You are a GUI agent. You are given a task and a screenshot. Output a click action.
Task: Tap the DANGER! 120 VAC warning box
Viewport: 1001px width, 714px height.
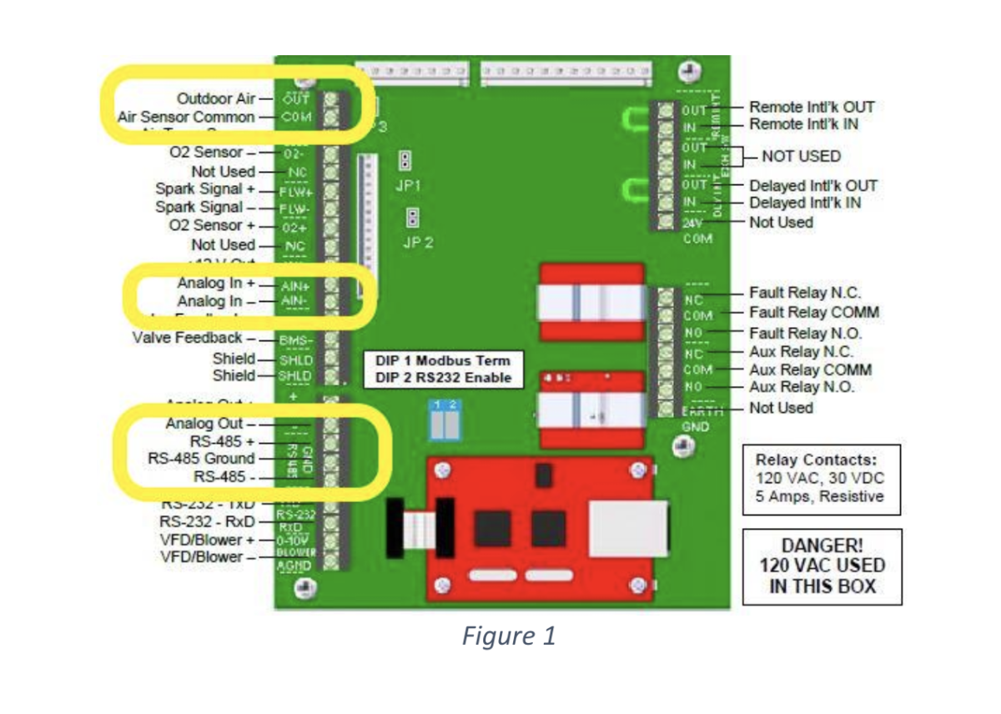(x=822, y=566)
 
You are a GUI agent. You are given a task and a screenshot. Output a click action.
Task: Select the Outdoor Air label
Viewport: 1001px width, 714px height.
(x=214, y=98)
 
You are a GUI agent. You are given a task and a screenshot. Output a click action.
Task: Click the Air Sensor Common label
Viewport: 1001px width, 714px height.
(x=186, y=117)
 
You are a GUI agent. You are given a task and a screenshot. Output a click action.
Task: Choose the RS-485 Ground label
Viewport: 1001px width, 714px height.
(x=201, y=458)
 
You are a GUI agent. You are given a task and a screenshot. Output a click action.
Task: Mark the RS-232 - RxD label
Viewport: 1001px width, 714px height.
(x=208, y=521)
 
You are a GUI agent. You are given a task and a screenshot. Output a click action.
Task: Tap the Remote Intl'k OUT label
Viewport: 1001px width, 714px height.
(x=812, y=107)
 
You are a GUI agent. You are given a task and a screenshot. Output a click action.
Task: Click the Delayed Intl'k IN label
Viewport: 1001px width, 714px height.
(x=805, y=203)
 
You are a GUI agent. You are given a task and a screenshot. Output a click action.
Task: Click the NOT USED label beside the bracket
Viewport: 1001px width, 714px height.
(x=801, y=156)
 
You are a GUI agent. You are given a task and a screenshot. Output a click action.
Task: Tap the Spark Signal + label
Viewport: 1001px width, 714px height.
(x=205, y=189)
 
